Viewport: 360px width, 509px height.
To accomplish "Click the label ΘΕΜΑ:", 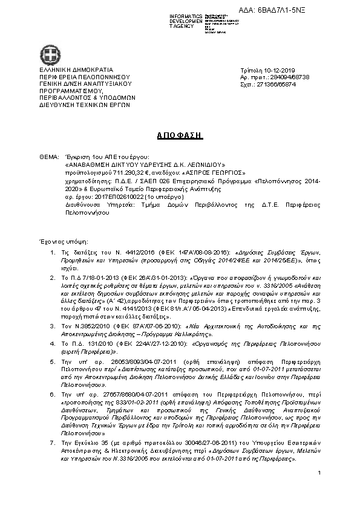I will pos(50,157).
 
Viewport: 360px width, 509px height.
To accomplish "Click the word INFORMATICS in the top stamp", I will pos(186,16).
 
